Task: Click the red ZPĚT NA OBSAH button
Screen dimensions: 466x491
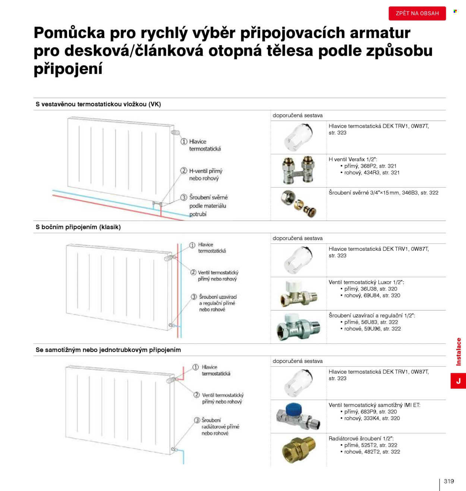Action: tap(417, 13)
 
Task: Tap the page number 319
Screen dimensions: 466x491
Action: tap(449, 481)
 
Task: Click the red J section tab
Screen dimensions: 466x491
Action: tap(458, 381)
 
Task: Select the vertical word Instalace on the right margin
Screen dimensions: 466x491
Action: tap(459, 351)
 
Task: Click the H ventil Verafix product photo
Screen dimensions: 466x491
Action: tap(299, 170)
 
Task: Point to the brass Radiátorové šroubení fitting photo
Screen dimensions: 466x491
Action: tap(299, 450)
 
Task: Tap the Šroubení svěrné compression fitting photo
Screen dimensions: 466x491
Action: tap(298, 204)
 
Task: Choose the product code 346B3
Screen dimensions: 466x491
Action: tap(410, 193)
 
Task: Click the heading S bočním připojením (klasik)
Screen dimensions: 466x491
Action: tap(78, 227)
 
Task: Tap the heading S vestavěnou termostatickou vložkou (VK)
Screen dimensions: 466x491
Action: tap(98, 104)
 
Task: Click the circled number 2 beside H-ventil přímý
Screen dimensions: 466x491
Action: tap(184, 171)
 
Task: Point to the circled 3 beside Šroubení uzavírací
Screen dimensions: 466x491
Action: tap(194, 297)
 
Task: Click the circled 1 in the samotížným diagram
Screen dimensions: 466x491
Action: tap(195, 367)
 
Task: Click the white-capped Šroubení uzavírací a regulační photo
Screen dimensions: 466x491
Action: tap(299, 327)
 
